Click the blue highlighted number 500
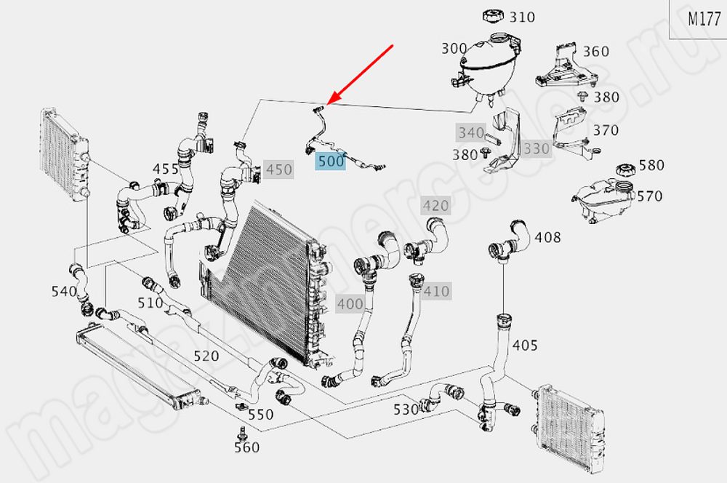tap(330, 161)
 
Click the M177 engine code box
tap(704, 20)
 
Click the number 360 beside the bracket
tap(596, 51)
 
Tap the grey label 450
tap(279, 170)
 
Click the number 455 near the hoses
tap(166, 169)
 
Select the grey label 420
tap(436, 206)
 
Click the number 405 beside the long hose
tap(526, 344)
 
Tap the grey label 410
tap(436, 292)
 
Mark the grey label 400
tap(350, 304)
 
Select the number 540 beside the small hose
tap(64, 291)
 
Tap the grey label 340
tap(470, 132)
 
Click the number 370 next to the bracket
tap(605, 130)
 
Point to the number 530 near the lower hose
tap(406, 409)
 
